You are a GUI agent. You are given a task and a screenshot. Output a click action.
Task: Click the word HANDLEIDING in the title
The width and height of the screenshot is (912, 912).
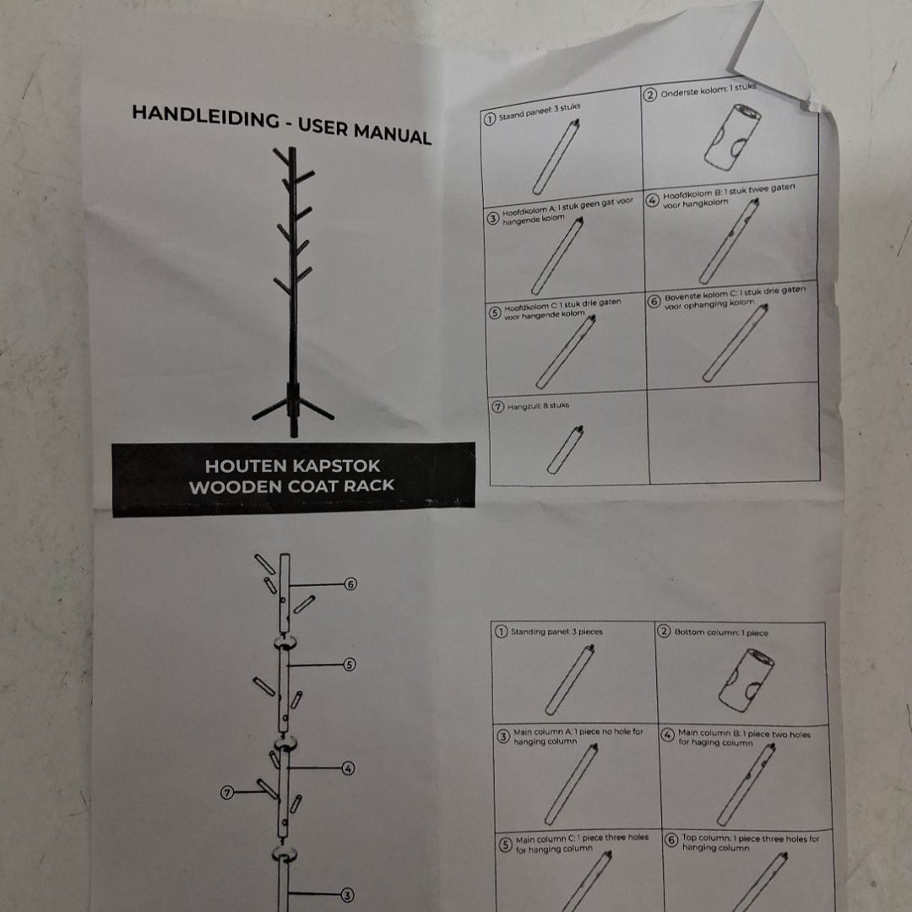point(206,117)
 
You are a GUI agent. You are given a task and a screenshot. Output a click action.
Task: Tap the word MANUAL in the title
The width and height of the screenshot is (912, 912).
point(393,133)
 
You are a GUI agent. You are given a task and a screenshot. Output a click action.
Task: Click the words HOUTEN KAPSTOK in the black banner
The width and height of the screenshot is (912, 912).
point(292,466)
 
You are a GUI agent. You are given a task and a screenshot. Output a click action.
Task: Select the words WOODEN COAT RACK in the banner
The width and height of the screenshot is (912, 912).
point(292,486)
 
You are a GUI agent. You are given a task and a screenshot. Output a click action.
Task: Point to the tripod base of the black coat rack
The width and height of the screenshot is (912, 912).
point(293,408)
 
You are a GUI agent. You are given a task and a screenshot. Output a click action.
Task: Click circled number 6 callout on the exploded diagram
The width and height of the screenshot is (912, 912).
point(350,584)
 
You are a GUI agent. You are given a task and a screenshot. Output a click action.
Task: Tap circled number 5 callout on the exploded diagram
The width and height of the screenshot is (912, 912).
point(349,665)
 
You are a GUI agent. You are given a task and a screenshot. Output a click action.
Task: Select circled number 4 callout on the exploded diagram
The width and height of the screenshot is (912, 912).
point(348,768)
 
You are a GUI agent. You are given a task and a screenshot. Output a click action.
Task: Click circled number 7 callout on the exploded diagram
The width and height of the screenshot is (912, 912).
point(227,792)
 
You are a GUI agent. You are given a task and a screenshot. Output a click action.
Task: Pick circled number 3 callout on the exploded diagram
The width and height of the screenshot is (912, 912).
point(347,895)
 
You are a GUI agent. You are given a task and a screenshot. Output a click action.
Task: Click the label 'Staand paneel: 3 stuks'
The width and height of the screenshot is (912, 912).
point(539,112)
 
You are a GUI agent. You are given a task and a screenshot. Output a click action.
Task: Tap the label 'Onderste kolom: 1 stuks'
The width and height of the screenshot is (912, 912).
point(708,90)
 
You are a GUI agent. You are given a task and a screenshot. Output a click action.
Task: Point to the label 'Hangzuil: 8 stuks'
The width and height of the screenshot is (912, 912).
point(538,405)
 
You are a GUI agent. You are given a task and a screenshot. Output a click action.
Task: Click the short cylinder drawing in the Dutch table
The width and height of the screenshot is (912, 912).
point(732,138)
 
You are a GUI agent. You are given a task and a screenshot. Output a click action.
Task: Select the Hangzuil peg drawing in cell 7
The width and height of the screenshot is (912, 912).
point(565,449)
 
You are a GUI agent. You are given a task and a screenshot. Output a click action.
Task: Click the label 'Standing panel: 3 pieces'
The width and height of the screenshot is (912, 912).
point(556,632)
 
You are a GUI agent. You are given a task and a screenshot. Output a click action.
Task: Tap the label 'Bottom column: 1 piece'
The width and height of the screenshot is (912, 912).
point(721,632)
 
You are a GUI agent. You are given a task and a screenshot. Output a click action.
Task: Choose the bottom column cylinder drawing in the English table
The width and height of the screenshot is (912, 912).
point(746,680)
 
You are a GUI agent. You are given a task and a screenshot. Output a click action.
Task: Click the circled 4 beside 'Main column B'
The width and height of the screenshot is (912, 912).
point(668,735)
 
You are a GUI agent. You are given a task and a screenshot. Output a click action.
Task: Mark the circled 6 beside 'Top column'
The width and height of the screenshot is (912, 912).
point(671,840)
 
